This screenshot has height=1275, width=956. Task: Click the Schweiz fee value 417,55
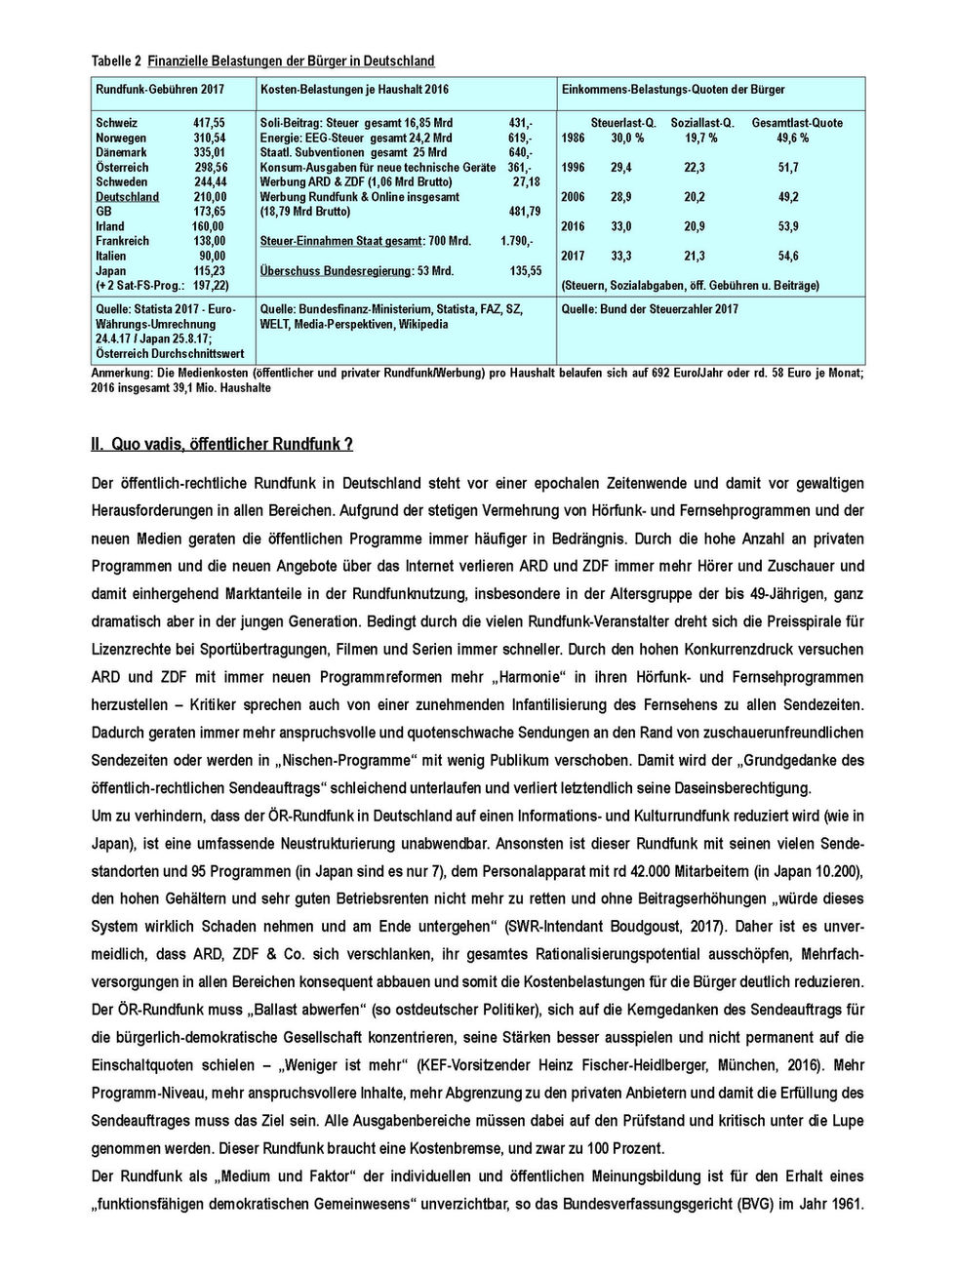pos(208,123)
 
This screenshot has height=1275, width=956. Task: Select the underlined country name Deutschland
pos(127,197)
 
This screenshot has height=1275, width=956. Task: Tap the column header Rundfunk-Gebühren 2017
pos(159,90)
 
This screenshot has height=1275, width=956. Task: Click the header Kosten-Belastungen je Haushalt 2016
pos(354,90)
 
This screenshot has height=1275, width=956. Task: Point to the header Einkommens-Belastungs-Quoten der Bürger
pos(673,90)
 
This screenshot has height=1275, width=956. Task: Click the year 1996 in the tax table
pos(573,168)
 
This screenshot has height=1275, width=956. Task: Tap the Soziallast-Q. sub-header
pos(701,123)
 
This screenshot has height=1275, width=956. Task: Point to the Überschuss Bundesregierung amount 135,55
pos(525,271)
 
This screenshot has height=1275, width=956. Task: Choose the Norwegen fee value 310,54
pos(209,139)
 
